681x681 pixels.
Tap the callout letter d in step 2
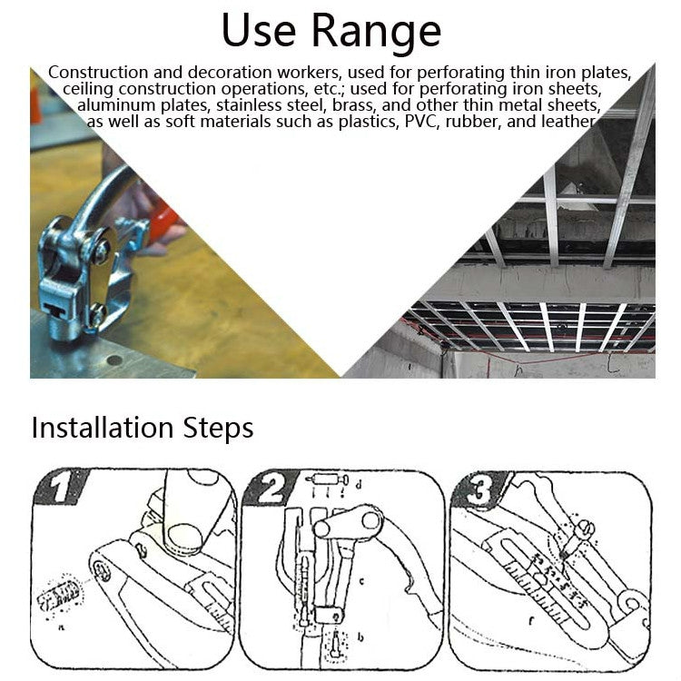click(360, 486)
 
